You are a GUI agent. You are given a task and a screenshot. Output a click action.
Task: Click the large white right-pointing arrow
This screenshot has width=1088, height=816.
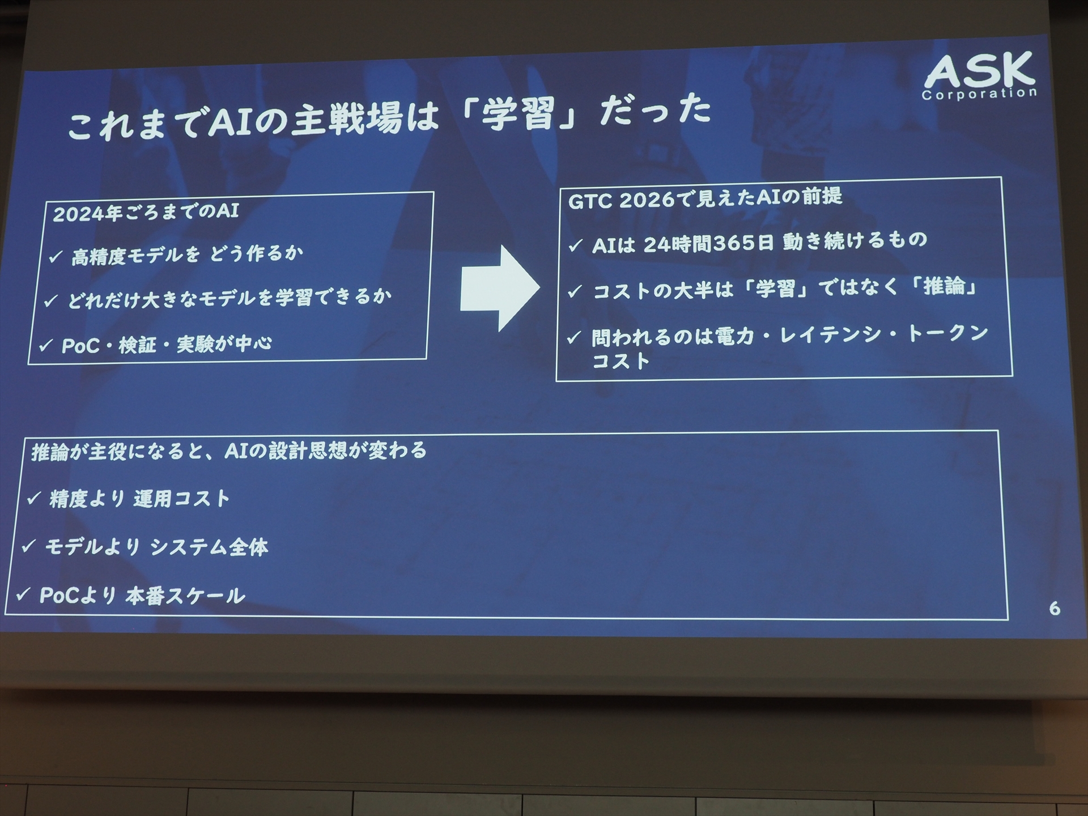(x=499, y=288)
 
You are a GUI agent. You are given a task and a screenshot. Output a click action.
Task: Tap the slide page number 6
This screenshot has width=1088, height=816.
(x=1054, y=609)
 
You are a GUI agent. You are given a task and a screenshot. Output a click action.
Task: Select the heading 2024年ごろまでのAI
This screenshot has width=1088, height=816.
(x=146, y=212)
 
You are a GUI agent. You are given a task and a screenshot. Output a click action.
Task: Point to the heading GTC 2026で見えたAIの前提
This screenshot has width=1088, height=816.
(x=705, y=198)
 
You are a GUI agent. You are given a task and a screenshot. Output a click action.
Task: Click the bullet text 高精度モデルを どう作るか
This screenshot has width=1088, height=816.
(x=187, y=255)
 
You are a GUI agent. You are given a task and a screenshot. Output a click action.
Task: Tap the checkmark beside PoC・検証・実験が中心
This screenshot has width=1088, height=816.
(x=46, y=345)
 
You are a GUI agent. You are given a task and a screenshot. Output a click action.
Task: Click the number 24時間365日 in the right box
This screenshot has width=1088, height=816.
(x=708, y=243)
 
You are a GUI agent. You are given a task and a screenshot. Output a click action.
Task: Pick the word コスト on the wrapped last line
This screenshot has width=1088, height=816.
(x=620, y=361)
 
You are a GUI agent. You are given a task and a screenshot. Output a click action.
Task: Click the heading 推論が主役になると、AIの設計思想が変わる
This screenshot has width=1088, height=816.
(x=229, y=452)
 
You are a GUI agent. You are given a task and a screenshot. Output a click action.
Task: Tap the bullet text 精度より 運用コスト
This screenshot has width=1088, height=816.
(x=139, y=499)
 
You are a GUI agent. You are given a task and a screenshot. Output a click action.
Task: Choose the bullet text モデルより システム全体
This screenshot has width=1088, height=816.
(x=156, y=547)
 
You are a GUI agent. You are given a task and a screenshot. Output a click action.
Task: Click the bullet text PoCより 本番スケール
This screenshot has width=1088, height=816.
(x=142, y=596)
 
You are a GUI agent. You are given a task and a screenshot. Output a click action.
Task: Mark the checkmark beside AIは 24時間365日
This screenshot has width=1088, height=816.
(x=575, y=245)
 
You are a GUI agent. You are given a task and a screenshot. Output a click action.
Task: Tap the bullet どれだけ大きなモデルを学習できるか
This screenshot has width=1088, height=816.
(x=229, y=298)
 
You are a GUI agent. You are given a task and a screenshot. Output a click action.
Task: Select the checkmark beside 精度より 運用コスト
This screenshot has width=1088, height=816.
(x=34, y=498)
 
